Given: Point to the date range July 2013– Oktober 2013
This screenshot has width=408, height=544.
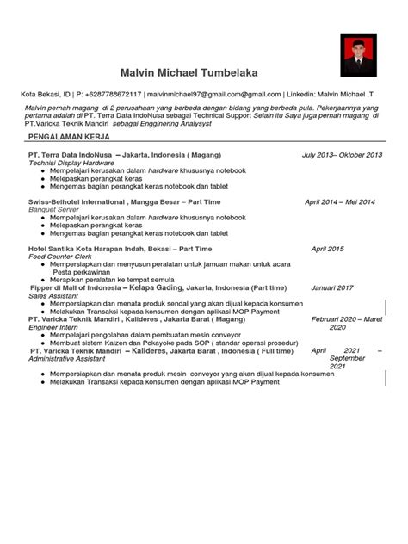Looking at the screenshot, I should (342, 155).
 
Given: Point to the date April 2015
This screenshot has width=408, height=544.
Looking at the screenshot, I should (328, 249).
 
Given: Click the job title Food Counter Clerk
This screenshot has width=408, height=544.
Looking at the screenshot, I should (63, 257).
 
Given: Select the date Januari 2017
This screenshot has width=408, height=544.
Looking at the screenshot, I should (332, 287).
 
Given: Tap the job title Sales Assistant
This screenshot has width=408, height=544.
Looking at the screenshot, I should (56, 295).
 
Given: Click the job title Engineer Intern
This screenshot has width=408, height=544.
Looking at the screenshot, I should (54, 327).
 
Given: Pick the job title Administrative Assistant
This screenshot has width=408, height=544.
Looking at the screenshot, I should (72, 359).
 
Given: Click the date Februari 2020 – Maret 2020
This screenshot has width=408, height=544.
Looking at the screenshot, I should (343, 323).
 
